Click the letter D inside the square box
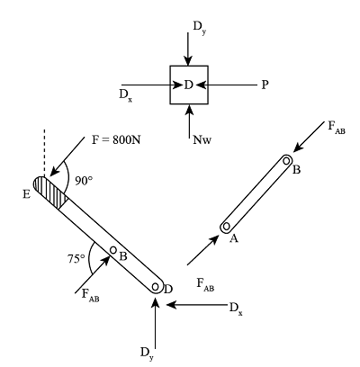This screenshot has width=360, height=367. [188, 85]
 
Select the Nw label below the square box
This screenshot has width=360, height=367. [202, 139]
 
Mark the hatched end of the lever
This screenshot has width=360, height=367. [49, 192]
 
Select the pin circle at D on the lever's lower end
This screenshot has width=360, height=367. [157, 288]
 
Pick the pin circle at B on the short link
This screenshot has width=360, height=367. [285, 161]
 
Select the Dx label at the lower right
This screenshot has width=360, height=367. [235, 308]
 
